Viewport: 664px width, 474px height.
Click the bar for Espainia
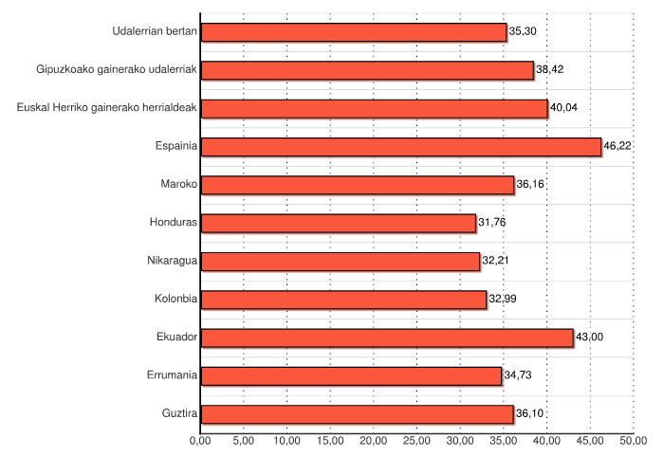401,147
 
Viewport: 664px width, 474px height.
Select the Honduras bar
339,223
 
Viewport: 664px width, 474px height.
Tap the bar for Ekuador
387,337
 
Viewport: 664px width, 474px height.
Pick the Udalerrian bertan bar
354,32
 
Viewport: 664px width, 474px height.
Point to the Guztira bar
358,414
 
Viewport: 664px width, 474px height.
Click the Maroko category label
178,184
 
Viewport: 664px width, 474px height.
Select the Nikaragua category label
172,261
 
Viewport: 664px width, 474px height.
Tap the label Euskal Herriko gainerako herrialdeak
107,107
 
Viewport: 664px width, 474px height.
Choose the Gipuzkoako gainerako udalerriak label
117,69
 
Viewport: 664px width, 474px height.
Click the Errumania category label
173,375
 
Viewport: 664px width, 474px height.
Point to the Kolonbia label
175,299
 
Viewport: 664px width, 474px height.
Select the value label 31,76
492,223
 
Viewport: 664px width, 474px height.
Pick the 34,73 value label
518,375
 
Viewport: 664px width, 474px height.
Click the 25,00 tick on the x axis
417,441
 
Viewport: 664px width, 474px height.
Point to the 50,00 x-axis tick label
634,441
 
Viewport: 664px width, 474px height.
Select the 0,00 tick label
200,441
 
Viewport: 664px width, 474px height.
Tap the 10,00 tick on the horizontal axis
286,441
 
